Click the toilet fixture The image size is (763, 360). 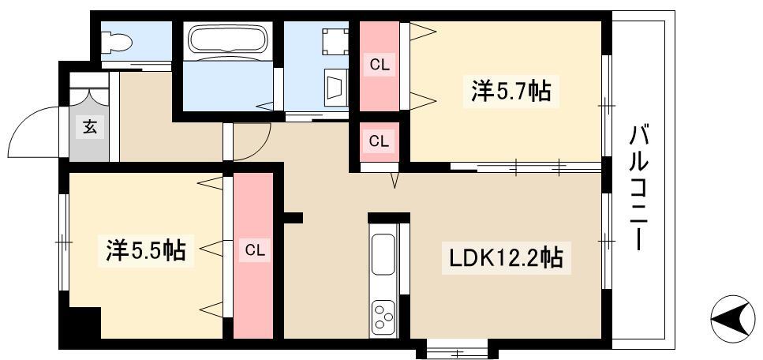(116, 43)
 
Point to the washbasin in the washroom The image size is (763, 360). (335, 88)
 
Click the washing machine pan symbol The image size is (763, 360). (335, 41)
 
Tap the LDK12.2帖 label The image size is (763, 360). (506, 259)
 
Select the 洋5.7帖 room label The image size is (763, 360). (511, 91)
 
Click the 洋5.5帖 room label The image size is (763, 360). (145, 250)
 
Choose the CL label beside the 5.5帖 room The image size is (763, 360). (254, 251)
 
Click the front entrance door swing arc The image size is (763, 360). (22, 121)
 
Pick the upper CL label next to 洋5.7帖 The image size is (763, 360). (380, 66)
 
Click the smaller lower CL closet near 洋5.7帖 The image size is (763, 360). (380, 141)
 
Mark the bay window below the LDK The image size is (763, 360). (457, 349)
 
